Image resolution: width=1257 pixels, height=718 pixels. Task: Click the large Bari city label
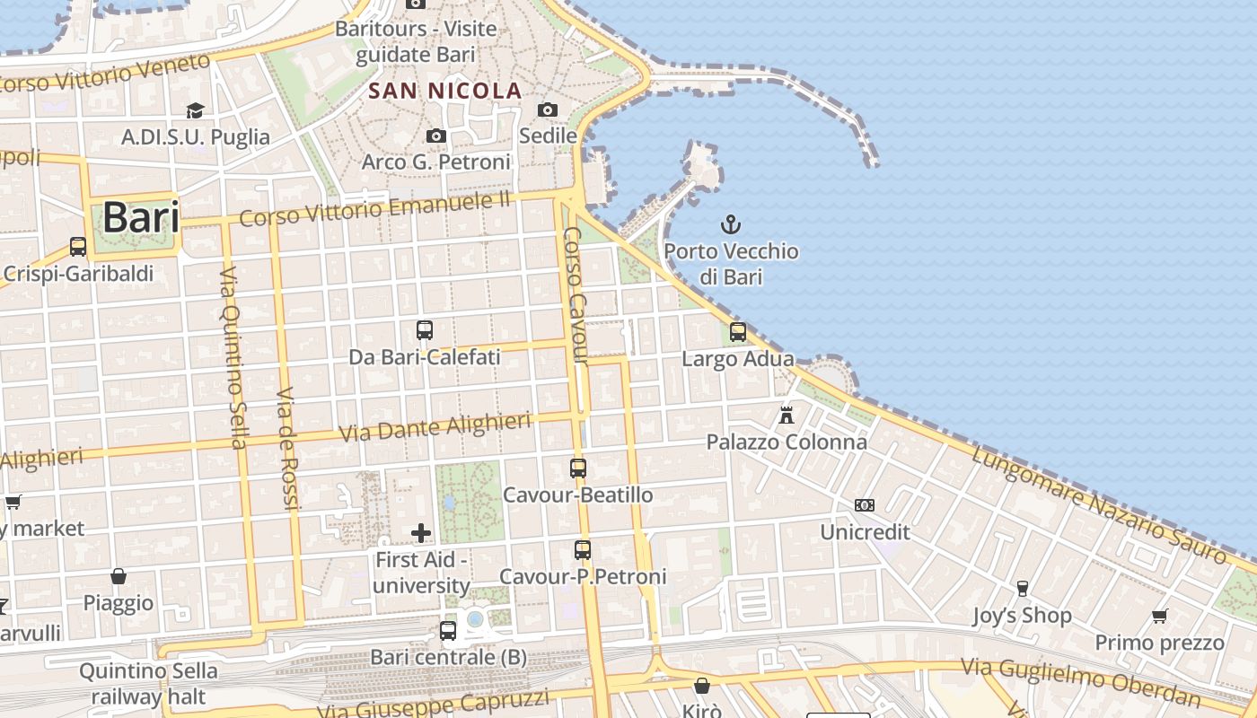[x=140, y=217]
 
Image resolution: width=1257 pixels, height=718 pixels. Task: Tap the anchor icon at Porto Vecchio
[x=731, y=224]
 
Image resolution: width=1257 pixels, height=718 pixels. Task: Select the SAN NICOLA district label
[x=445, y=91]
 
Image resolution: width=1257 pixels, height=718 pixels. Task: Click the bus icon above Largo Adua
[x=738, y=332]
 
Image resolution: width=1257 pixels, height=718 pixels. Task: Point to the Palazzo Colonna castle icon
[x=787, y=415]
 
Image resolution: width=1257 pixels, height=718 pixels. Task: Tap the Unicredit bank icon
[x=865, y=505]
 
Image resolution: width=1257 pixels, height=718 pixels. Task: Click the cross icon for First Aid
[x=421, y=534]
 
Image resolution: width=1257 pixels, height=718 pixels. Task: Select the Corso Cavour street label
[x=575, y=296]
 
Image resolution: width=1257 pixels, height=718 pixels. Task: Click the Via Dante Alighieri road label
[x=435, y=427]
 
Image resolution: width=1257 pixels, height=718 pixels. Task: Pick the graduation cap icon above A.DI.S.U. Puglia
[x=195, y=110]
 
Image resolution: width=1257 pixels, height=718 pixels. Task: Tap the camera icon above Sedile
[x=548, y=109]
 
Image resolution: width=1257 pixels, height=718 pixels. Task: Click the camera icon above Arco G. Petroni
[x=436, y=136]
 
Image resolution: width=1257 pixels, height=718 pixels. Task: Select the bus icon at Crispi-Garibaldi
[x=78, y=247]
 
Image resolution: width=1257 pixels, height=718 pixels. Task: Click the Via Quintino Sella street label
[x=233, y=357]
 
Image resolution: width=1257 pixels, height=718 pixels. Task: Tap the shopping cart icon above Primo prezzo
[x=1159, y=616]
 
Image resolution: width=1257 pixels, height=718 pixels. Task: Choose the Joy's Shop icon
[x=1022, y=589]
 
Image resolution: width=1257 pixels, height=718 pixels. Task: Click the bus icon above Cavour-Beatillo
[x=578, y=468]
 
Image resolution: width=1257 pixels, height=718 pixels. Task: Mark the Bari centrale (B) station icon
[x=448, y=631]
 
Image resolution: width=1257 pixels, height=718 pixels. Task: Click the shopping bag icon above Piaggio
[x=119, y=576]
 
